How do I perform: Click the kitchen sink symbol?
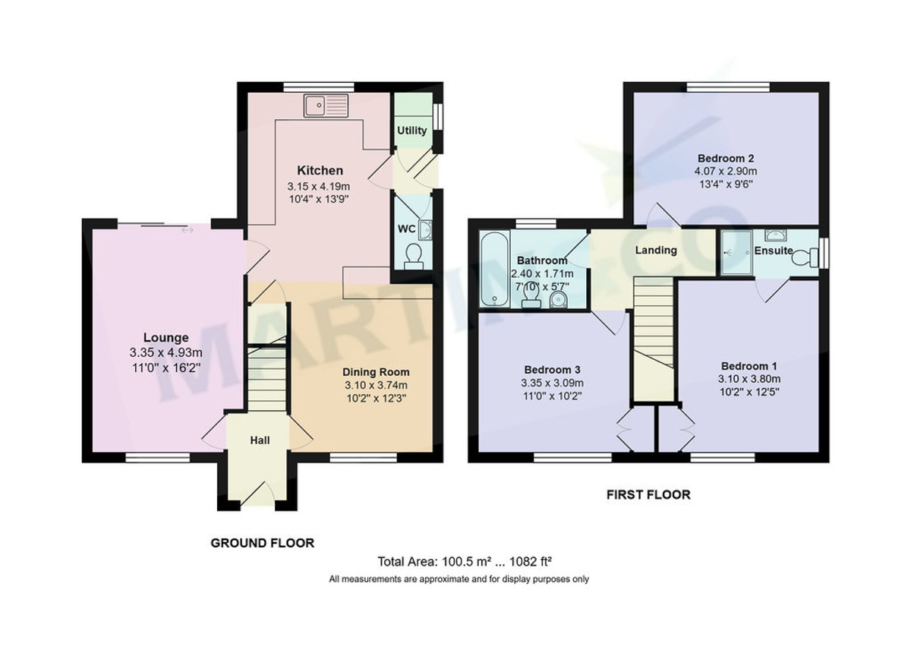326,106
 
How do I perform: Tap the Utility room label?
412,131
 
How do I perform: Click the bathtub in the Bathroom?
491,270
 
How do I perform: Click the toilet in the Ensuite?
802,258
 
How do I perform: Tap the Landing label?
656,250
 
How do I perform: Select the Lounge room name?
166,338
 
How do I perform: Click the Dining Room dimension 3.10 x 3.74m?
376,385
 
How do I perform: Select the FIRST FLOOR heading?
648,495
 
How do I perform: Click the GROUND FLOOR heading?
262,543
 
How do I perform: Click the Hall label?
260,440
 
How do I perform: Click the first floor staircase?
654,334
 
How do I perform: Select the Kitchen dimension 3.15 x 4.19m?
318,187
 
